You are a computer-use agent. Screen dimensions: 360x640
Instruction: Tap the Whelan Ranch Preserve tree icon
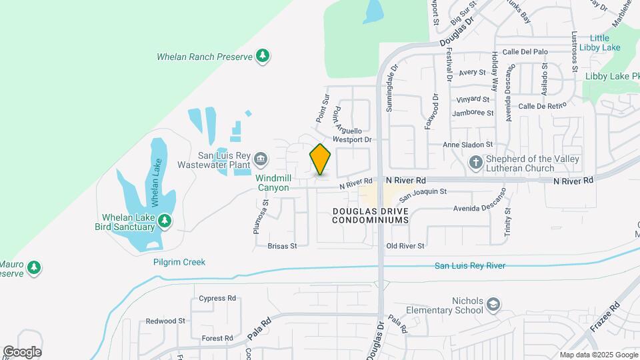(x=263, y=56)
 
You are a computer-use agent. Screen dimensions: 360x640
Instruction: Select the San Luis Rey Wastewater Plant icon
(x=260, y=159)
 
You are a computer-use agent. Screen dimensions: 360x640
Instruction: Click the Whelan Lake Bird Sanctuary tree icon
(x=165, y=221)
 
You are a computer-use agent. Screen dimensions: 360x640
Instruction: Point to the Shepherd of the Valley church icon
(x=475, y=162)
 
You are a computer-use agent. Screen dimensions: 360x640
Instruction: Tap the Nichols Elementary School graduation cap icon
(x=493, y=305)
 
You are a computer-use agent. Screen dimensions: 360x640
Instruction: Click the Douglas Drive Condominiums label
(x=369, y=215)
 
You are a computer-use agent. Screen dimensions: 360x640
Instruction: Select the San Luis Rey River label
(x=470, y=266)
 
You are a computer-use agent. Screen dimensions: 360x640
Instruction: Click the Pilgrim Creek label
(x=179, y=262)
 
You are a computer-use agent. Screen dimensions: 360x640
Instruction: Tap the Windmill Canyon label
(x=273, y=183)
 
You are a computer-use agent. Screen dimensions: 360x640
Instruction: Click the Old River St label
(x=405, y=246)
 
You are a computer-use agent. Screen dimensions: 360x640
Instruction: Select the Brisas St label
(x=281, y=246)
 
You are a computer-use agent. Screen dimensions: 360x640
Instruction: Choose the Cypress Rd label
(x=217, y=298)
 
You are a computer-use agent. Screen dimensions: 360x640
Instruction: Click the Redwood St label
(x=165, y=321)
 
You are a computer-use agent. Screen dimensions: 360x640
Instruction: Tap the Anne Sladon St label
(x=468, y=144)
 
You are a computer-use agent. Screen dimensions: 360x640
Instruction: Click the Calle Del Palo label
(x=525, y=51)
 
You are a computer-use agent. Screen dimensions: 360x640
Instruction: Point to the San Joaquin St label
(x=423, y=191)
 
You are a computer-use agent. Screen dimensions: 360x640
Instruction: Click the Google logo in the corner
(x=22, y=352)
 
